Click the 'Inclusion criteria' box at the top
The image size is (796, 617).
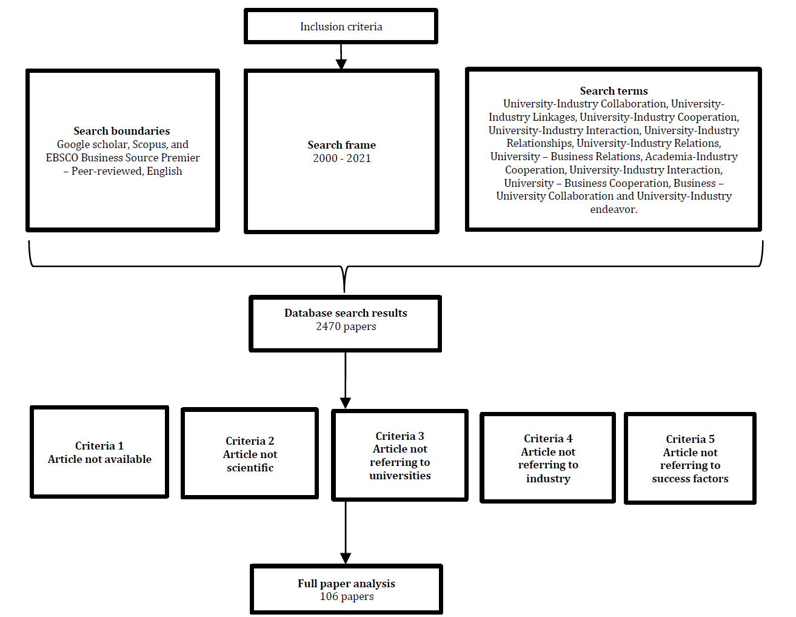click(341, 27)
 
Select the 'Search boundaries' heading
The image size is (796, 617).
click(122, 131)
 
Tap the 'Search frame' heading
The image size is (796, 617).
click(341, 145)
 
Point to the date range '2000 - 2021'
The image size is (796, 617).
click(341, 158)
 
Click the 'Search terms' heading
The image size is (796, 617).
click(614, 91)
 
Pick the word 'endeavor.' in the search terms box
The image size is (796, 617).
click(614, 209)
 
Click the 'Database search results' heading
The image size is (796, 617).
click(346, 312)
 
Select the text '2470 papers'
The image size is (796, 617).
click(346, 326)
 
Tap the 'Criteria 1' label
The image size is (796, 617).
click(99, 446)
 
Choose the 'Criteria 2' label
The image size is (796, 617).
click(250, 440)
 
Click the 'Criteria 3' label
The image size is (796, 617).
click(400, 436)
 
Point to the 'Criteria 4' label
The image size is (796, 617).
click(548, 439)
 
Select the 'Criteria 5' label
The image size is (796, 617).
click(690, 439)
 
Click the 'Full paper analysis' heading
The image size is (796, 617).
click(346, 583)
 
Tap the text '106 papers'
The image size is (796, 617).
click(347, 596)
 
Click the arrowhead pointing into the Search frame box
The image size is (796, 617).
click(341, 64)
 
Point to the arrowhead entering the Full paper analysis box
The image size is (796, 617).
click(346, 558)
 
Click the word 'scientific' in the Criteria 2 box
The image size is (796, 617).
click(250, 468)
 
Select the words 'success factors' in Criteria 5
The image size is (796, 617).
click(690, 479)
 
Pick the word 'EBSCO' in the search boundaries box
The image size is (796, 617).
click(62, 158)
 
